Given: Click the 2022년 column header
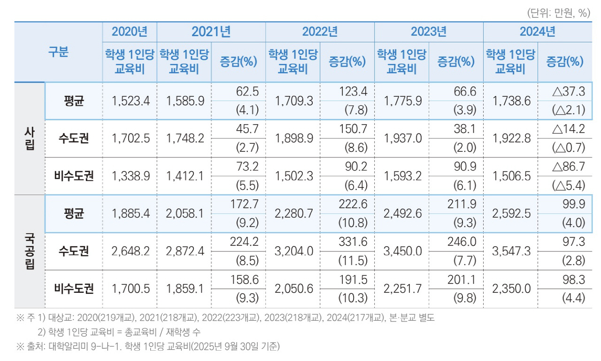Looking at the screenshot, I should (x=319, y=32).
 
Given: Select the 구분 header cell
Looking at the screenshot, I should (x=58, y=52).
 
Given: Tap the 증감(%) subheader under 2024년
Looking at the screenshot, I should (x=565, y=62).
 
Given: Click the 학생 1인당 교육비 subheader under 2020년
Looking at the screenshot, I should (x=130, y=62).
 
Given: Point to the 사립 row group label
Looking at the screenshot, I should (x=29, y=139).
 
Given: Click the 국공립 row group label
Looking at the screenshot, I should (x=29, y=251).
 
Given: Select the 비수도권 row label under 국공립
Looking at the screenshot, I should (x=74, y=289).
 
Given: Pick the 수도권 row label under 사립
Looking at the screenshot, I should (x=74, y=139).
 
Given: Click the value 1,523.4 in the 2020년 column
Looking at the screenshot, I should (x=131, y=101).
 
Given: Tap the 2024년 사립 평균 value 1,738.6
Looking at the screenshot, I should (x=511, y=101).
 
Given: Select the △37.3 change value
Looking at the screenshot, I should (x=569, y=92).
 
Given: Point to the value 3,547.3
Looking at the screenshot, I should (x=511, y=251).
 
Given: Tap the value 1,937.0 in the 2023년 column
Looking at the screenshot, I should (x=402, y=139).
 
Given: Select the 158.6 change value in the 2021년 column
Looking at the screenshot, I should (x=244, y=279).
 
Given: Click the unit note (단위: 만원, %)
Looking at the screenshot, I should (x=558, y=13).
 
